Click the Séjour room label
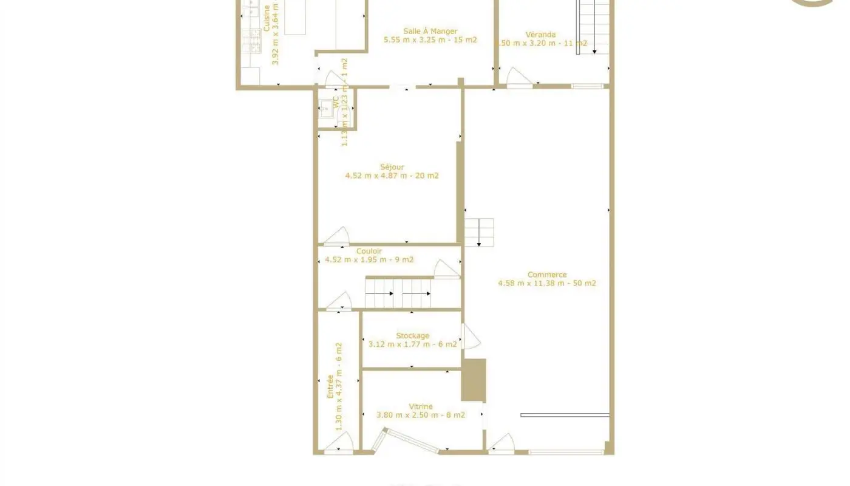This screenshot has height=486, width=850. (392, 167)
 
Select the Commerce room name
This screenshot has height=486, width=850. (546, 275)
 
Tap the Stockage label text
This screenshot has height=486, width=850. (412, 335)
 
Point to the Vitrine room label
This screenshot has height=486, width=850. (420, 406)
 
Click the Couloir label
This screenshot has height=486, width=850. (369, 252)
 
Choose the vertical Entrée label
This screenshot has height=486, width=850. (330, 386)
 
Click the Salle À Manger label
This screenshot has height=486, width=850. (430, 32)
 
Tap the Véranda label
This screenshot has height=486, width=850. (540, 35)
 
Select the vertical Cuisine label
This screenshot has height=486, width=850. (267, 18)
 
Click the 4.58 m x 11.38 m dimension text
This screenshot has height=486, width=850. (546, 283)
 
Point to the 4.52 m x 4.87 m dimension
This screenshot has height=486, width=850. (392, 176)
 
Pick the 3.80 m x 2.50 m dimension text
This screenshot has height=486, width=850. (420, 416)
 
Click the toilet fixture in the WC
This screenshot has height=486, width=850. (325, 109)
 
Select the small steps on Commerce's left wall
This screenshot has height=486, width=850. (479, 232)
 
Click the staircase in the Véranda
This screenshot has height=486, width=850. (593, 27)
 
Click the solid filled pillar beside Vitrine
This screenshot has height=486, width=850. (474, 380)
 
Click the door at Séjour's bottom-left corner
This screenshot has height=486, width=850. (337, 237)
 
